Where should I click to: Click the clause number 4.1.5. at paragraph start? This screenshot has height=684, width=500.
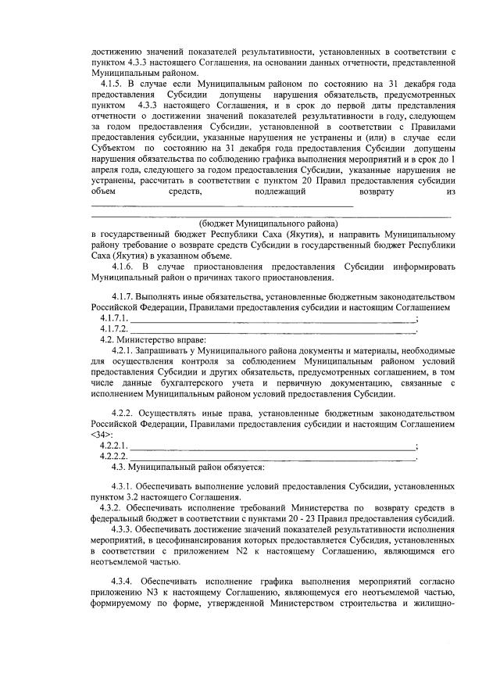[x=113, y=84]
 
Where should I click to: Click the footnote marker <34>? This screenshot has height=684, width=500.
[x=102, y=434]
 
